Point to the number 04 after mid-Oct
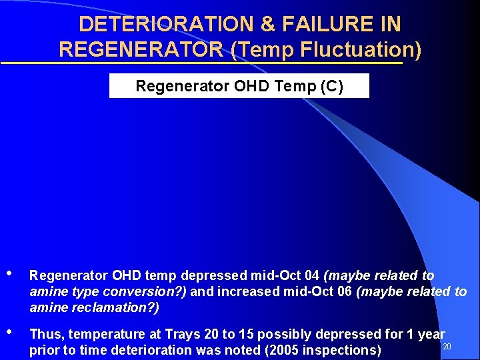(x=311, y=275)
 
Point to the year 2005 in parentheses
(x=267, y=350)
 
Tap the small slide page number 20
(x=447, y=347)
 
